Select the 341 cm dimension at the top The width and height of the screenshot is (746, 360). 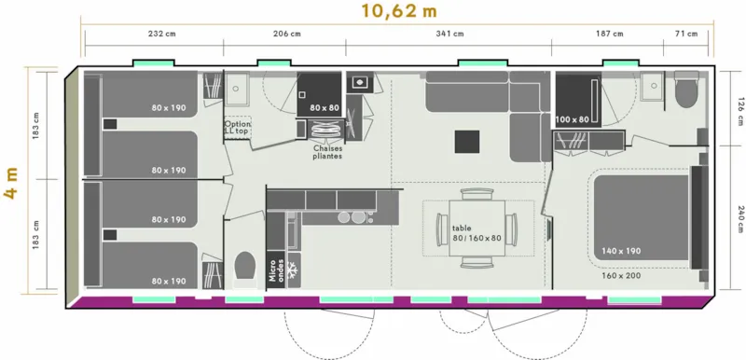449,35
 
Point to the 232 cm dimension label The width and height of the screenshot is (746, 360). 162,35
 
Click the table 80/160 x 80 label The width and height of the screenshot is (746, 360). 477,232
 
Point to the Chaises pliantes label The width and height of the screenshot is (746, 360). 328,152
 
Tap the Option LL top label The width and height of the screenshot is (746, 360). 237,128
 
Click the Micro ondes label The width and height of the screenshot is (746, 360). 276,269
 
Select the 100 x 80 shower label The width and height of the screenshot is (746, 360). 573,119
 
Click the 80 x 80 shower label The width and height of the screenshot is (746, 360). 325,107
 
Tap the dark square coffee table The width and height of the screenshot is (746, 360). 466,141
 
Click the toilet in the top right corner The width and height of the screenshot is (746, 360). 687,92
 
